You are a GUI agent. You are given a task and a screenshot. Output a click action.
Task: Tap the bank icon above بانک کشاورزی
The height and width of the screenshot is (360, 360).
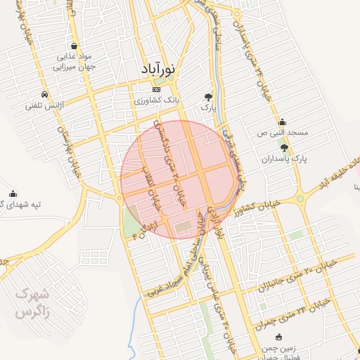[x=156, y=91]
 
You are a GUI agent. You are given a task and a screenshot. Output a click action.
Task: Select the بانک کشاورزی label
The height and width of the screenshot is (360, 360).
[x=157, y=101]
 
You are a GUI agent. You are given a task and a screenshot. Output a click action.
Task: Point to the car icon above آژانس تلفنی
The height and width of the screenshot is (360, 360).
[x=45, y=94]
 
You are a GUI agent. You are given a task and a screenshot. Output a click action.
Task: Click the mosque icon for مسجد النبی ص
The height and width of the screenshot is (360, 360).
[x=283, y=121]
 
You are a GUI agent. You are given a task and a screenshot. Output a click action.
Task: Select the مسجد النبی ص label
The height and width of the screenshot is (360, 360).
[x=282, y=132]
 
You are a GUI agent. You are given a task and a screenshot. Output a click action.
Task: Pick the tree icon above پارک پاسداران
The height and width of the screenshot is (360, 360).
[x=284, y=148]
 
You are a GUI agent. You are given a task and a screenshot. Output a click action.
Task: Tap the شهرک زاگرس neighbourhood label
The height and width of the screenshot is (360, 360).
[x=31, y=301]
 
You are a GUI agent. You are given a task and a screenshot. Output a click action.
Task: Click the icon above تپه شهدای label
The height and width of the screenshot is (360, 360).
[x=13, y=193]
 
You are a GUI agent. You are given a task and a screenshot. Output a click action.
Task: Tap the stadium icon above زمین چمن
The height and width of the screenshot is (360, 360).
[x=280, y=337]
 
